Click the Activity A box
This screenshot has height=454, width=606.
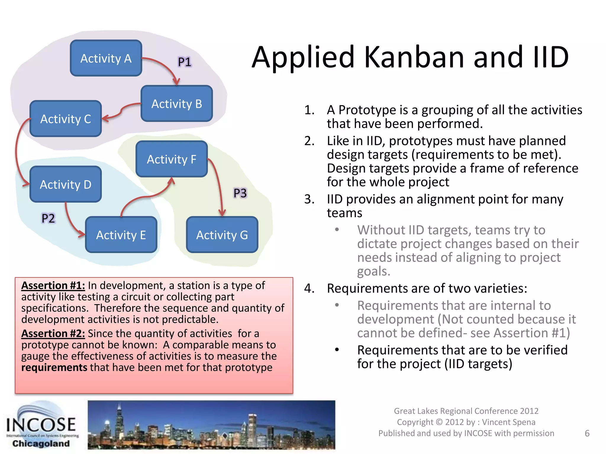tap(106, 58)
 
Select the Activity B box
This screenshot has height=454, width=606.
tap(177, 104)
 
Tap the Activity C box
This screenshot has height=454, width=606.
tap(66, 119)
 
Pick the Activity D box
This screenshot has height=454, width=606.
tap(66, 184)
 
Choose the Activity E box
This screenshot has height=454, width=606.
tap(121, 235)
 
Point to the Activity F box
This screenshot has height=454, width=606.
tap(172, 159)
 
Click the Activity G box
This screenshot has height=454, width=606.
tap(222, 235)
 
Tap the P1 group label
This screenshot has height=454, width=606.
tap(185, 62)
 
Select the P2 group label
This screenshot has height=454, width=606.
tap(48, 218)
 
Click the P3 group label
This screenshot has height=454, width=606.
tap(240, 193)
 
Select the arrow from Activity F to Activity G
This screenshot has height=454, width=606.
tap(218, 186)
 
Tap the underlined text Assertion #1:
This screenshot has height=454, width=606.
tap(53, 286)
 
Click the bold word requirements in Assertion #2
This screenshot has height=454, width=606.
tap(54, 367)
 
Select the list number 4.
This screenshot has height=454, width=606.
tap(309, 288)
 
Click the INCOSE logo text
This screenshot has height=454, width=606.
tap(41, 425)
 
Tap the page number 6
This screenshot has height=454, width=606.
tap(587, 433)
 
